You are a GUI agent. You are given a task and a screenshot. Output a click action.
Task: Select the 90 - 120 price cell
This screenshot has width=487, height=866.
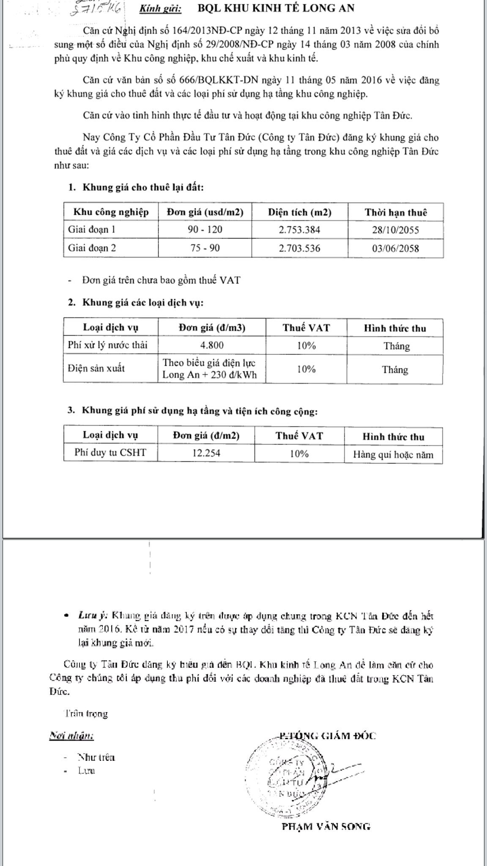coord(205,230)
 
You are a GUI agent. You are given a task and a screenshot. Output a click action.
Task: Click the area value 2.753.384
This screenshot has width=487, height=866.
coord(299,230)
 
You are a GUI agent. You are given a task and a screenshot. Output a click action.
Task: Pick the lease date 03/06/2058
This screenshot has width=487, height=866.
coord(395,248)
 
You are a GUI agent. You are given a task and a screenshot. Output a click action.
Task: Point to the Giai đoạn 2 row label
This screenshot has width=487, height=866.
coord(92,248)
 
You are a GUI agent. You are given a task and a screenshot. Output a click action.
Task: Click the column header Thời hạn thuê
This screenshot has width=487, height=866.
coord(396,212)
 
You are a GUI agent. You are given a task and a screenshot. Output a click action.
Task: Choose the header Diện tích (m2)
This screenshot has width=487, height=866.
coord(299,212)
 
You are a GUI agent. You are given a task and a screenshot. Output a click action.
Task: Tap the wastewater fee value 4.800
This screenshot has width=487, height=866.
coord(212,345)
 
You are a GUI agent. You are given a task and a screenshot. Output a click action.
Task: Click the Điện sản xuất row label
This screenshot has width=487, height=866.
coord(96,368)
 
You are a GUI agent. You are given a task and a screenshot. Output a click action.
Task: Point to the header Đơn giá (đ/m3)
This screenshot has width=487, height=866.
coord(212,328)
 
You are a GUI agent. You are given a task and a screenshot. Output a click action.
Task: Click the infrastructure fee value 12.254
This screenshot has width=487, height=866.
coord(206,453)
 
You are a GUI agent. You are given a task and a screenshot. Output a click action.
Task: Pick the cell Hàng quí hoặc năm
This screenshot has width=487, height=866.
coord(393,455)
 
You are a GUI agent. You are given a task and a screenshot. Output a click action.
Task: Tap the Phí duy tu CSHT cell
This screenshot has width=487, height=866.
coord(110,452)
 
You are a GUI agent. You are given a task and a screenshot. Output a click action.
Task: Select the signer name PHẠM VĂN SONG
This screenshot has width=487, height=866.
coord(326,826)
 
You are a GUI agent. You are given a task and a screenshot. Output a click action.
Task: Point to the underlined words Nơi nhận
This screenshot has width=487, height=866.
coord(71,736)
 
